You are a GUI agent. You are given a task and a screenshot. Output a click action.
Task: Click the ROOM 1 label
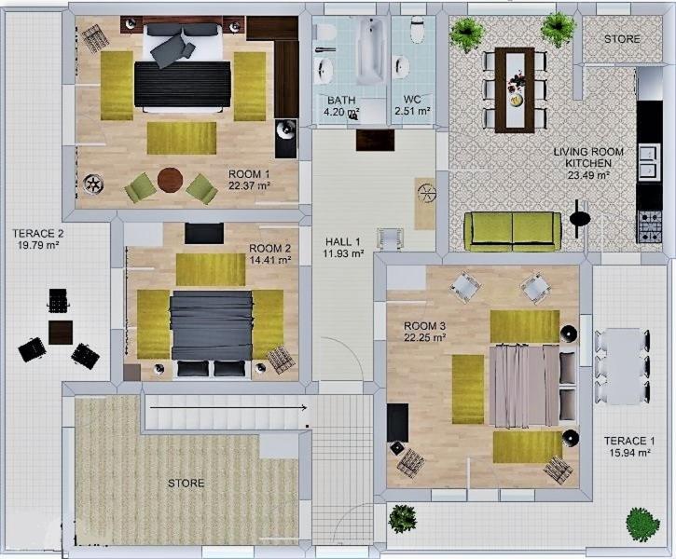pos(249,174)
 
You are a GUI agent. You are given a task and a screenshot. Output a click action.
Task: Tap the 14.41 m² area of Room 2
pos(270,260)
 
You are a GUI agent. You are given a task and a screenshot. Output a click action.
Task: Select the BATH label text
pos(341,101)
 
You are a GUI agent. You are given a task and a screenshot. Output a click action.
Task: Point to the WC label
pos(412,100)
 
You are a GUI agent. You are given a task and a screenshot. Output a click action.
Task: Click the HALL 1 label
pos(343,241)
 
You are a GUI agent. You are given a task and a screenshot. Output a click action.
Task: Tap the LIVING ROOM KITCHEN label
pos(588,157)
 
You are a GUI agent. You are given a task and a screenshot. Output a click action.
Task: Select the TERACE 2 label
pos(38,234)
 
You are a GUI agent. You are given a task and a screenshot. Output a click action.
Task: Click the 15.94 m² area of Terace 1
pos(630,453)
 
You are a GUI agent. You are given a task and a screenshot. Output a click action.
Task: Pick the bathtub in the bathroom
pos(371,51)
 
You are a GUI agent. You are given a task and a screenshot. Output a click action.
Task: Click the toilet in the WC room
pos(418,29)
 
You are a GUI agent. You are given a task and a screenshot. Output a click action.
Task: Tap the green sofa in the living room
pos(513,232)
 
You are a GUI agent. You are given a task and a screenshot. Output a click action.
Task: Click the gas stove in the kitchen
pos(649,225)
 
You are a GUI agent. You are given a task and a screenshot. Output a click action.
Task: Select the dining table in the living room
pos(515,89)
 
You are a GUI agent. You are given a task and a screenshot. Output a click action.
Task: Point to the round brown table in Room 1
pos(171,180)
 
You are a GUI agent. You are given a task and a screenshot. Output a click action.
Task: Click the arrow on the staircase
pos(228,407)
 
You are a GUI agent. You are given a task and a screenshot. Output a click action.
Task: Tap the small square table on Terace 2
pos(61,332)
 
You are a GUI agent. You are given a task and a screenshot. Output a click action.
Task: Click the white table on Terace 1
pos(622,366)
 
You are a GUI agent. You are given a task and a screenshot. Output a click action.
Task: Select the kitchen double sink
pos(649,161)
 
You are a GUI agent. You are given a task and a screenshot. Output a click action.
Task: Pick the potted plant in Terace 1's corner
pos(642,525)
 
